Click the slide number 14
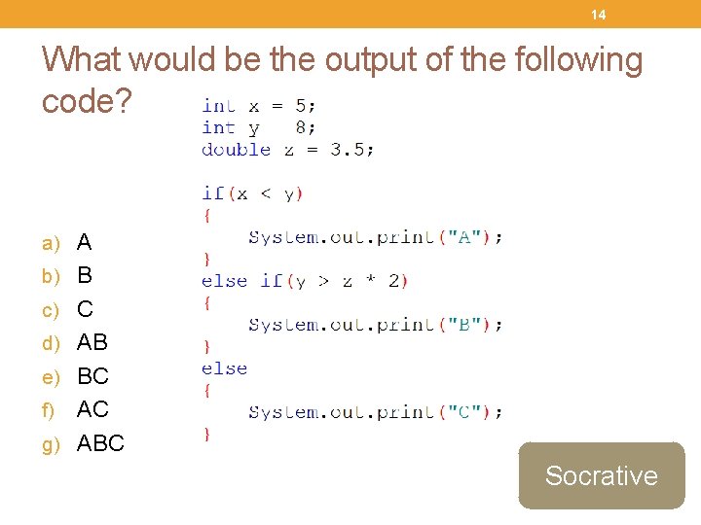[598, 15]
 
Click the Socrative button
[601, 475]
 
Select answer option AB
[92, 342]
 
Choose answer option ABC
[100, 443]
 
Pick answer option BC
[92, 375]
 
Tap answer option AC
[92, 409]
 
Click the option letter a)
[51, 242]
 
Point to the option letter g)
[51, 444]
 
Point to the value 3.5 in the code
[349, 150]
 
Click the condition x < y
[264, 193]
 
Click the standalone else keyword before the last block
[224, 368]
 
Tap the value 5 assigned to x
[302, 106]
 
